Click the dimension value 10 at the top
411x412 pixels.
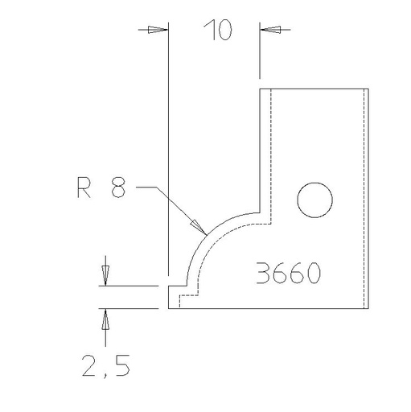217,31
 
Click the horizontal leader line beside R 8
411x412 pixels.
149,187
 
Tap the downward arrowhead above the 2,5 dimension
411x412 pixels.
104,274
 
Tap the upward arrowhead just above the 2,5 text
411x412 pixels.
104,320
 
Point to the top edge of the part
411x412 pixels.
314,89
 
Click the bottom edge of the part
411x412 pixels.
265,308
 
